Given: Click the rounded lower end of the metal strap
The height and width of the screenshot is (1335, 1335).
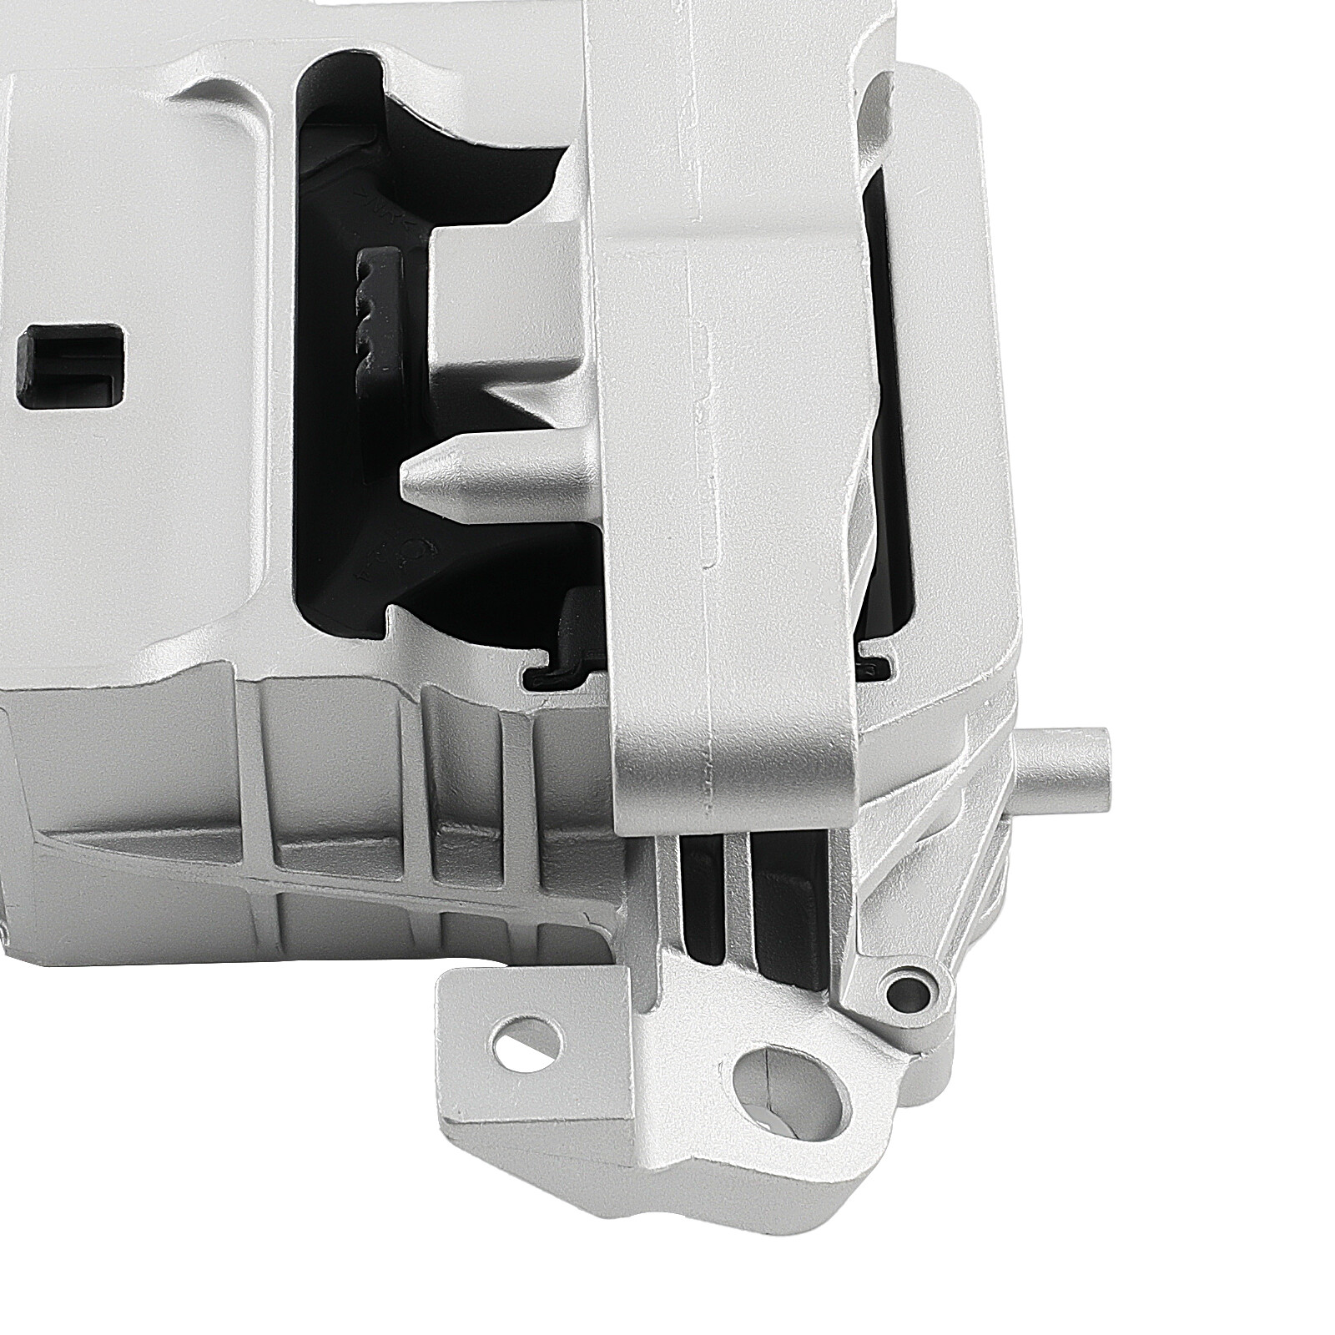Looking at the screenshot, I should [734, 784].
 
